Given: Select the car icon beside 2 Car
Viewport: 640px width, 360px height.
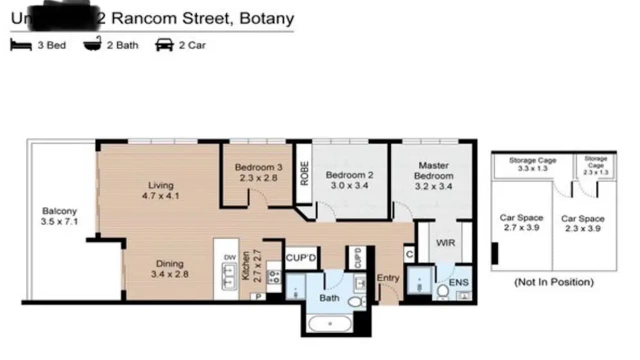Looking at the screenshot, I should (x=164, y=44).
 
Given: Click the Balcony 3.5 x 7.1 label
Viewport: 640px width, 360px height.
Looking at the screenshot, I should (x=59, y=216).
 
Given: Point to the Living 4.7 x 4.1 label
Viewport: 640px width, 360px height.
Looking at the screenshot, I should (x=160, y=190).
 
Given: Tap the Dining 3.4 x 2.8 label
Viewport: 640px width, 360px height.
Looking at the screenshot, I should (x=169, y=268).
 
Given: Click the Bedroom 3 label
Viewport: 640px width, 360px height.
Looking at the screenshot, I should (x=255, y=172).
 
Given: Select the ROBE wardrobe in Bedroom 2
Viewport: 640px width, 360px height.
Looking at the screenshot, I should (x=303, y=173).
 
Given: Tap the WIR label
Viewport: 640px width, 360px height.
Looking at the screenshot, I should (x=445, y=242).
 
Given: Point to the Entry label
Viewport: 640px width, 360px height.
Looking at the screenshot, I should (x=388, y=277).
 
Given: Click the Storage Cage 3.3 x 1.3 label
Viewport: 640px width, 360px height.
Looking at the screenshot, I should (x=532, y=164).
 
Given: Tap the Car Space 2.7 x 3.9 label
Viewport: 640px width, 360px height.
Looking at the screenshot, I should (x=521, y=223).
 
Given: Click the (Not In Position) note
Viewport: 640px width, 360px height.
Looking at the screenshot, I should (x=553, y=282).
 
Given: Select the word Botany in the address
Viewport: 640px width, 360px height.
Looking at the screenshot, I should (x=266, y=18).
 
